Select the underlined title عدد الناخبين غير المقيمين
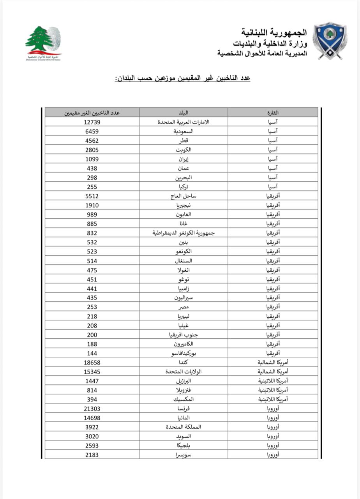tap(182, 78)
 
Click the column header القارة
tap(272, 113)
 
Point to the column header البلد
tap(183, 113)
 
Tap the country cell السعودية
tap(183, 131)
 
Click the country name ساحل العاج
tap(183, 196)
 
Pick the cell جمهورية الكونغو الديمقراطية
tap(183, 233)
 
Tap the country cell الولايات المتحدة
tap(183, 372)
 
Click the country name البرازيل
tap(183, 381)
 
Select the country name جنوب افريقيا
tap(183, 335)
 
